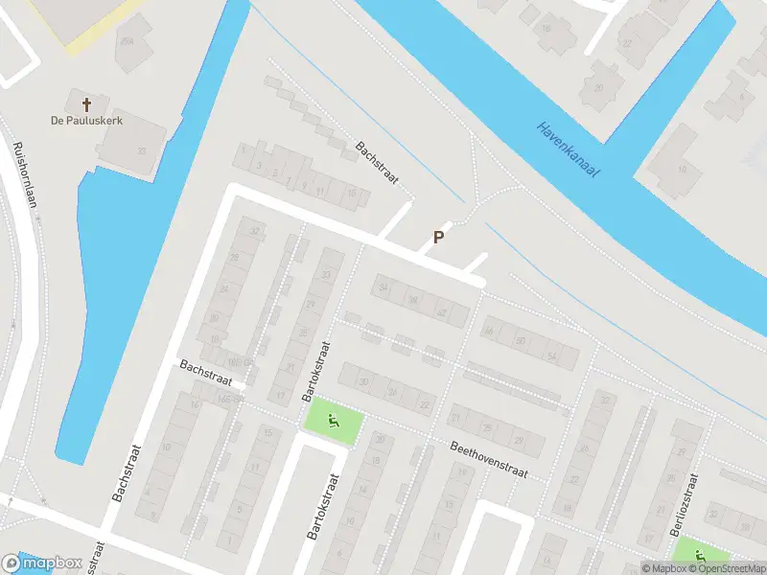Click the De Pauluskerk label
(87, 121)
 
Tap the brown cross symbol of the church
(87, 103)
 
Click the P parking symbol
(439, 238)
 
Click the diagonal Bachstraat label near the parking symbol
(376, 163)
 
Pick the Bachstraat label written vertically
(122, 474)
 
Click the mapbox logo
(42, 563)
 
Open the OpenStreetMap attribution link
(728, 568)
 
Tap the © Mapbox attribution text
(662, 568)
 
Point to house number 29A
(128, 41)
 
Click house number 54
(551, 356)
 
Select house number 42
(441, 313)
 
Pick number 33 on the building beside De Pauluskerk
(142, 150)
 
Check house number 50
(521, 342)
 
